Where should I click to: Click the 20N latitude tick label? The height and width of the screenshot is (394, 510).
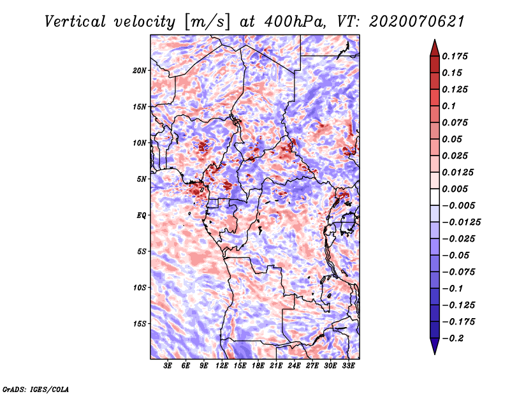tap(140, 70)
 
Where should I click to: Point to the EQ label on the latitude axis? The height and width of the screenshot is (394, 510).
tap(142, 215)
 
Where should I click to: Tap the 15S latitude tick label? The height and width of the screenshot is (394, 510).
tap(140, 324)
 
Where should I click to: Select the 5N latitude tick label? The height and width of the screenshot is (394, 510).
tap(142, 179)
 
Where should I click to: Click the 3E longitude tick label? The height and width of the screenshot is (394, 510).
tap(168, 367)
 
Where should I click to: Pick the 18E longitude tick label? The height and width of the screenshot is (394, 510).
tap(258, 367)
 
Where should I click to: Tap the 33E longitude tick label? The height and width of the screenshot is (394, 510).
tap(349, 367)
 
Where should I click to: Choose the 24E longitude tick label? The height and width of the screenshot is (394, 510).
tap(295, 367)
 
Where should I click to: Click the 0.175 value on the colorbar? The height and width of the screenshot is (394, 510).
tap(457, 56)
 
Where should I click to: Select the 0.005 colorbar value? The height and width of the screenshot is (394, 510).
tap(457, 189)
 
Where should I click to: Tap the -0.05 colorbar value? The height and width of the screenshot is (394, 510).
tap(456, 256)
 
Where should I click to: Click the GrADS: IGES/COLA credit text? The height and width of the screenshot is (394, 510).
tap(35, 388)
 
